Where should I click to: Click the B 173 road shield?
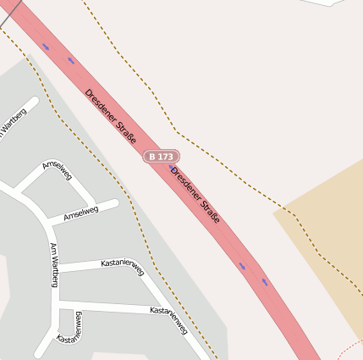pos(161,157)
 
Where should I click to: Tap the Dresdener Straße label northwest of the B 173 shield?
pos(110,114)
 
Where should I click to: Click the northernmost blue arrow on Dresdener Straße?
pos(46,47)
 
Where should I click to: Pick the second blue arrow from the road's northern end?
pos(71,61)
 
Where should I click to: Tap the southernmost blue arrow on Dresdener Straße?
pos(265,281)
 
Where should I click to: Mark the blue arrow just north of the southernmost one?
pos(243,267)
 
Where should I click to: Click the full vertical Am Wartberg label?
pos(54,264)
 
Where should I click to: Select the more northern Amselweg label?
pos(58,170)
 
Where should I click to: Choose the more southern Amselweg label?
pos(81,213)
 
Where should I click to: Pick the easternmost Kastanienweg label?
pos(168,320)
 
